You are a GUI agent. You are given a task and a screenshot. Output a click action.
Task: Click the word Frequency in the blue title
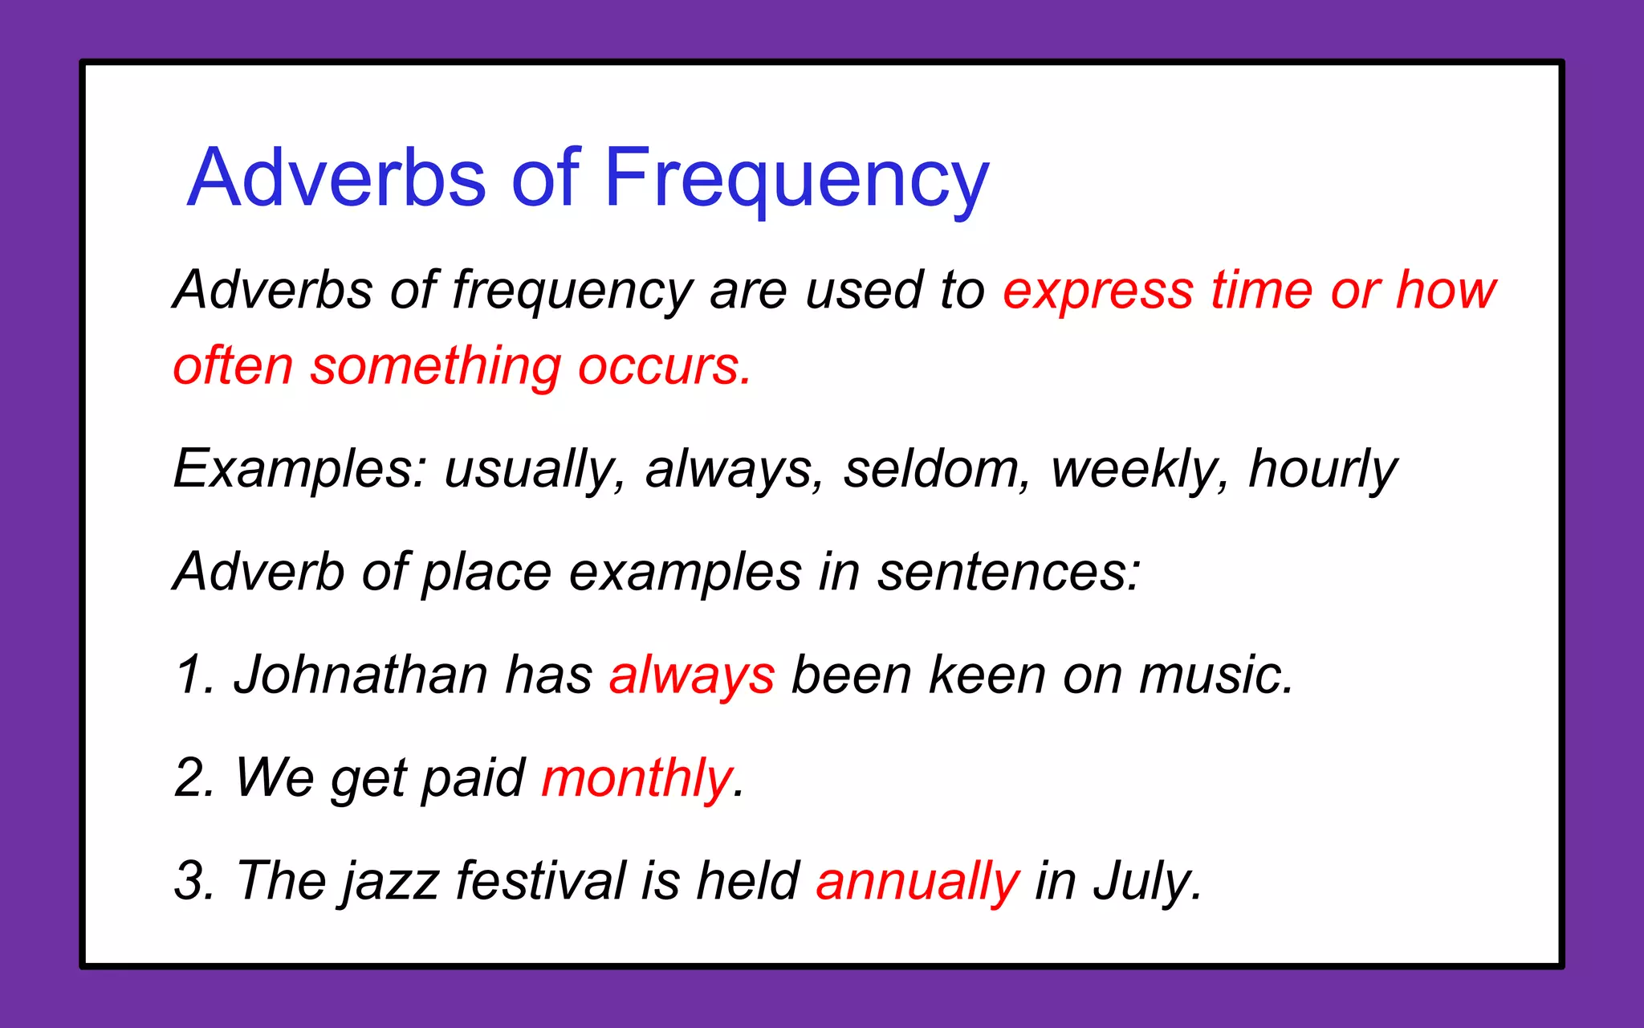796,178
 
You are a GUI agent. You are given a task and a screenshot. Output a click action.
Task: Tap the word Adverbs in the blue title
337,178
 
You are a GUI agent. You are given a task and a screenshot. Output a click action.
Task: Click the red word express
1098,291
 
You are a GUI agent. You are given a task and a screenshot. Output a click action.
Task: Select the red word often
233,366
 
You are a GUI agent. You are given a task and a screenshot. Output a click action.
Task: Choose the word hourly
1323,470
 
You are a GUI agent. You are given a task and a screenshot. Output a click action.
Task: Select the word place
486,573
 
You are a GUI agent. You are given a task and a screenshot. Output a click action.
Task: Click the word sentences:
1008,573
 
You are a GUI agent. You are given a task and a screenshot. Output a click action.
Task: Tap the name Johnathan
360,675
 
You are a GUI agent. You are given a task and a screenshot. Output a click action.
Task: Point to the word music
1215,675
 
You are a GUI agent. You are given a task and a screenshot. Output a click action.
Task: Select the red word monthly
638,778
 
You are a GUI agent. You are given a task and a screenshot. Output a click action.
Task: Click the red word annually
918,881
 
